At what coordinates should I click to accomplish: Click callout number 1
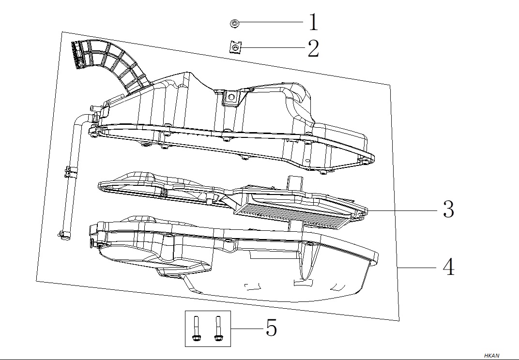pos(313,22)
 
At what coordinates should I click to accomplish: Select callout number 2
pos(313,48)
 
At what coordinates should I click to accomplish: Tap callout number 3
pos(448,209)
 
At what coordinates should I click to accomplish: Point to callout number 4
pos(448,267)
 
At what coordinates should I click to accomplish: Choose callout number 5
pos(272,328)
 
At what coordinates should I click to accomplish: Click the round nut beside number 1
pos(235,24)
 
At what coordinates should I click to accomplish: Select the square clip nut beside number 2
pos(235,47)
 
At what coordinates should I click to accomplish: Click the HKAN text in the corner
pos(491,356)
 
